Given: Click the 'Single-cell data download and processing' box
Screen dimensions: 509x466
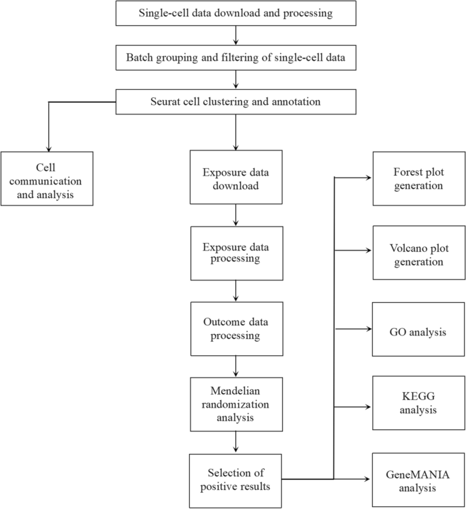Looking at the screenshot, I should coord(236,13).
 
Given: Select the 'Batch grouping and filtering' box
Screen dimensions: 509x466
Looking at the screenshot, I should coord(236,58).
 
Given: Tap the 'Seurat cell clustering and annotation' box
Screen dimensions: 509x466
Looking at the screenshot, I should coord(236,102).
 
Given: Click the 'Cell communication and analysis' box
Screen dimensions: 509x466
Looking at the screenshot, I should coord(47,178).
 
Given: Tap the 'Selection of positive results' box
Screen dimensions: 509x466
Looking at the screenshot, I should coord(235,480).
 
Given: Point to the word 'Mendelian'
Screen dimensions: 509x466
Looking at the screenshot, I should coord(235,393).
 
